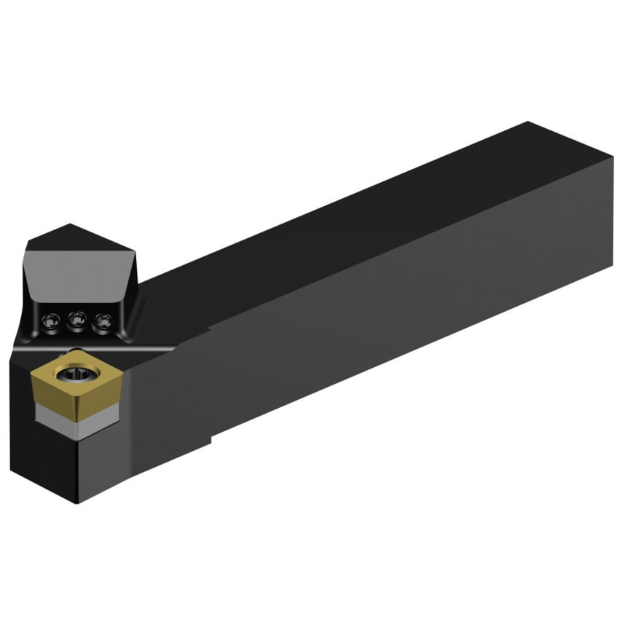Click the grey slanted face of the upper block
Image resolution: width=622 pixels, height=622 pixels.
(x=73, y=269)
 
